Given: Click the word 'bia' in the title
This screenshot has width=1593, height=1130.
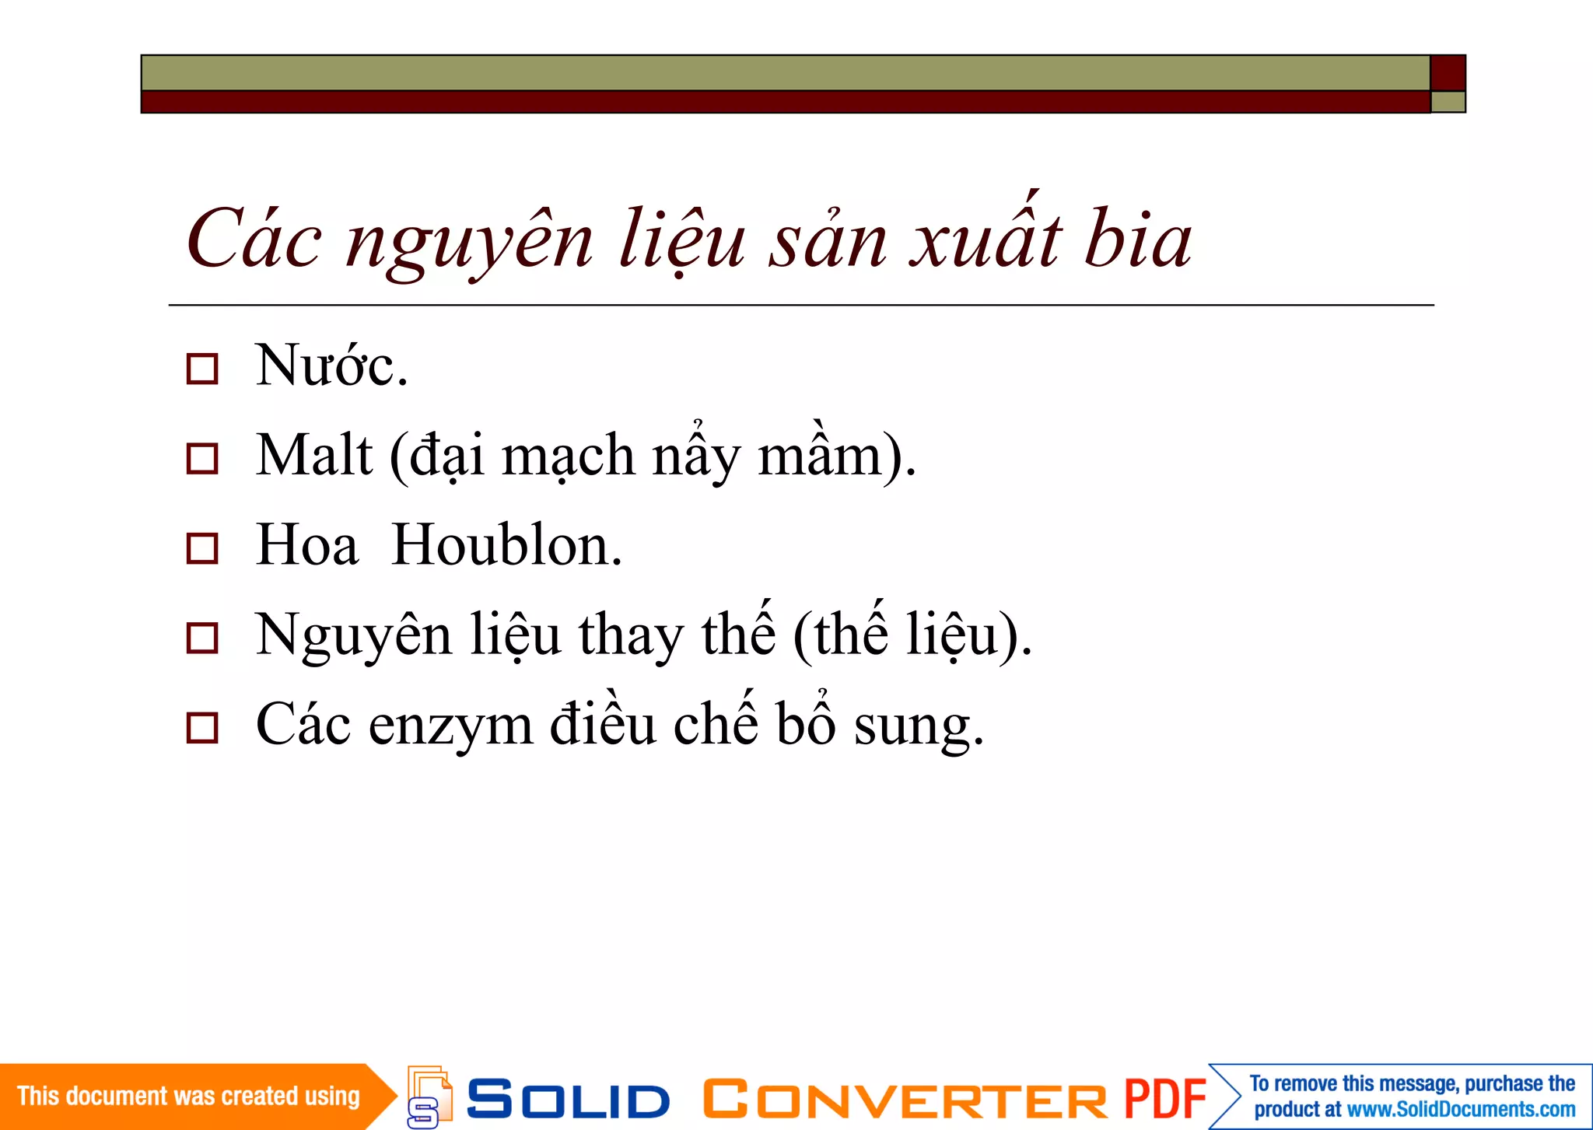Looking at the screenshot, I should (x=1137, y=240).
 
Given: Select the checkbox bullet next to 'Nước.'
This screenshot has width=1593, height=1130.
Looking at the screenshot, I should (x=202, y=369).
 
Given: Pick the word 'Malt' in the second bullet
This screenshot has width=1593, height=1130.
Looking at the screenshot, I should (x=314, y=456).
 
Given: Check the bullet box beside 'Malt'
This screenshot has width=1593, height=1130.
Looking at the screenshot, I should (x=202, y=458).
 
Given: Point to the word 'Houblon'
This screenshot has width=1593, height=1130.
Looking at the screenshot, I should (x=505, y=545).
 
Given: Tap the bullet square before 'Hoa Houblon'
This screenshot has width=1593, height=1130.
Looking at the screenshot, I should (x=202, y=548).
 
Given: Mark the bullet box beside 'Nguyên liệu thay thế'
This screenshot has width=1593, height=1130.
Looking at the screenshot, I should (x=202, y=638).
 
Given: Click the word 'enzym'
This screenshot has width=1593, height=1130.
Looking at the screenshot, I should (x=450, y=726).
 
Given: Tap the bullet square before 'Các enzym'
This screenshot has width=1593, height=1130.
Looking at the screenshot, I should (x=202, y=728).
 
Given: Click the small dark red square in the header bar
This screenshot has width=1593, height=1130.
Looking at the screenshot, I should (x=1448, y=73).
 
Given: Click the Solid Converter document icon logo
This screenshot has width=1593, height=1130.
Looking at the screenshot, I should (x=429, y=1097).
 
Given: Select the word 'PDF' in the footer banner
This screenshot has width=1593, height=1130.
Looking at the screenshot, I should (x=1164, y=1100).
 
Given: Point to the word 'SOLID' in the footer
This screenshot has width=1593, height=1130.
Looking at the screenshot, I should (x=568, y=1100).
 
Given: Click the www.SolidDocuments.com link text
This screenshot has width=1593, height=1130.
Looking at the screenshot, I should (x=1461, y=1110).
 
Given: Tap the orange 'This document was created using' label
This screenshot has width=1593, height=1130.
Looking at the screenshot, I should (x=188, y=1097).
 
